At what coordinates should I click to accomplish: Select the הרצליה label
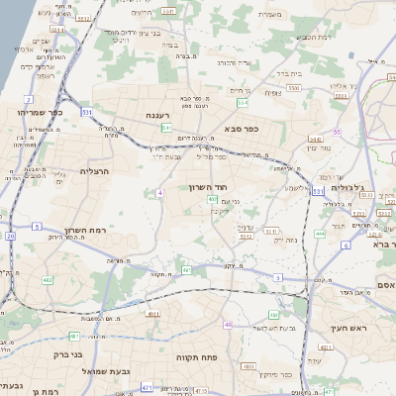coord(95,170)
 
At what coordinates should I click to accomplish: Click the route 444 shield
coord(320,234)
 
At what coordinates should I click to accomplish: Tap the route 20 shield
coord(10,236)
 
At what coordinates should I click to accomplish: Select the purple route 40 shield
coord(229,324)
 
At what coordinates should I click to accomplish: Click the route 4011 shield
coord(153,315)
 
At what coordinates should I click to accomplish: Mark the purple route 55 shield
coord(337,131)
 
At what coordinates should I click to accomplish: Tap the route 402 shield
coord(213,199)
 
